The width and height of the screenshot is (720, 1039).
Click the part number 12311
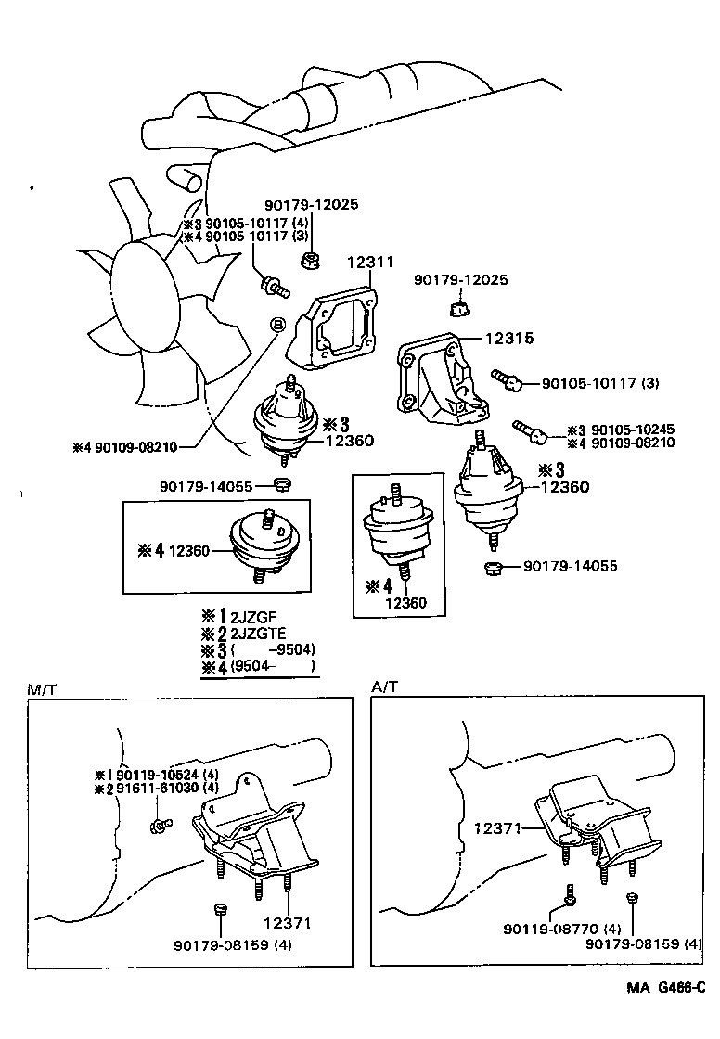370,263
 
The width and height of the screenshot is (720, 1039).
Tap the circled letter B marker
276,324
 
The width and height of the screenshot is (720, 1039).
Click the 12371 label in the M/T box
287,923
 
